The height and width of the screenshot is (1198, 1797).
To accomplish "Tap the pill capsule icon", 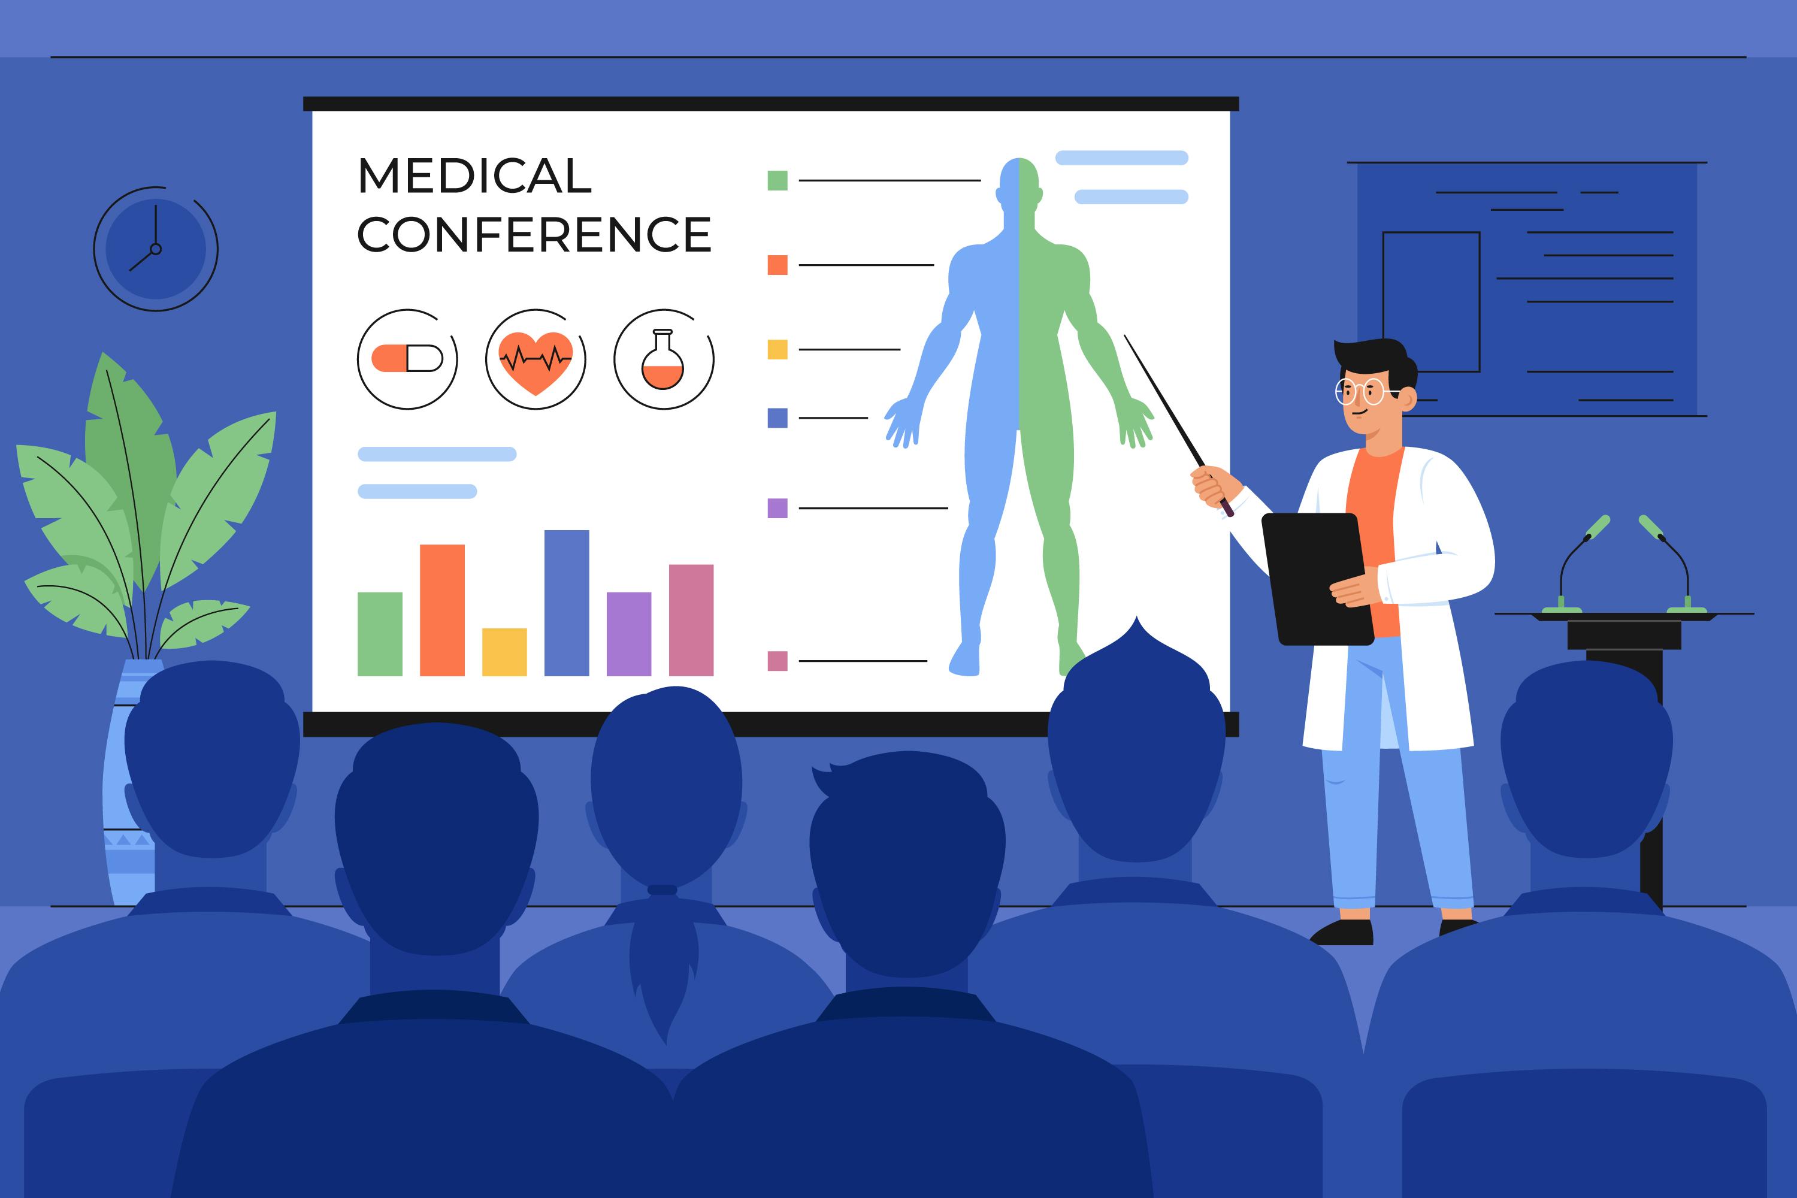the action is pyautogui.click(x=407, y=358).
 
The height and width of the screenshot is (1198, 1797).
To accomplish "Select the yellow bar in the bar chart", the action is pyautogui.click(x=504, y=652).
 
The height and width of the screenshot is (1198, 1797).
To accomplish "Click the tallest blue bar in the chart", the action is pyautogui.click(x=566, y=603).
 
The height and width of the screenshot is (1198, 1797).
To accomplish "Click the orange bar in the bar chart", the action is pyautogui.click(x=443, y=610).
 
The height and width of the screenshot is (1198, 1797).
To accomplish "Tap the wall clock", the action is pyautogui.click(x=156, y=249).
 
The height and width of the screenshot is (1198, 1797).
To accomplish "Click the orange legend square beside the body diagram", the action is pyautogui.click(x=777, y=265).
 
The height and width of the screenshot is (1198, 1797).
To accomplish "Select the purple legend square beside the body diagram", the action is pyautogui.click(x=777, y=508).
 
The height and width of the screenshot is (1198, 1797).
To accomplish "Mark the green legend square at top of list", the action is pyautogui.click(x=777, y=180).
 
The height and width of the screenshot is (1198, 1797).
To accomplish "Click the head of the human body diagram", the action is pyautogui.click(x=1019, y=183).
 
